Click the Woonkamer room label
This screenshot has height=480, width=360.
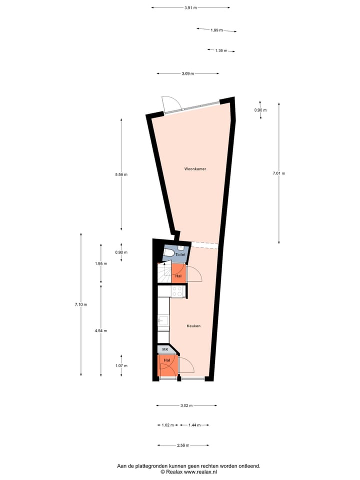coord(195,168)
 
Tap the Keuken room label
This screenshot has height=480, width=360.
coord(193,326)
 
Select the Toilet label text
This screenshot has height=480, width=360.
coord(180,254)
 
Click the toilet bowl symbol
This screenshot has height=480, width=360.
coord(168,253)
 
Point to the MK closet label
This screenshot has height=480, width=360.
coord(165,349)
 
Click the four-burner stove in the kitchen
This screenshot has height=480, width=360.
coord(177,291)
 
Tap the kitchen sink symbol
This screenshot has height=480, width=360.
coord(163,321)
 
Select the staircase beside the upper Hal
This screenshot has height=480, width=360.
coord(164,273)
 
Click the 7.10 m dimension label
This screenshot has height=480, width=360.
coord(81,304)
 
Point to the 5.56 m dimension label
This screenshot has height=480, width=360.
coord(121,174)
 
